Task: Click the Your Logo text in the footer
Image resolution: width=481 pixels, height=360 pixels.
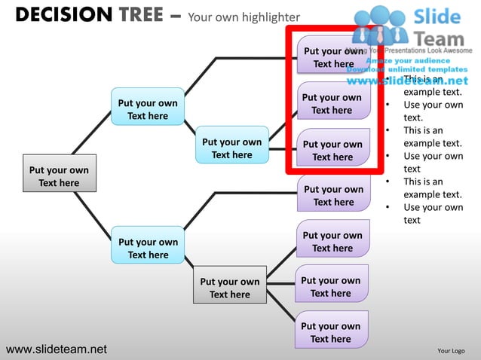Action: (x=451, y=351)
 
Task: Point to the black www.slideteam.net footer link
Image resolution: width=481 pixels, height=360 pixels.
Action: (x=56, y=349)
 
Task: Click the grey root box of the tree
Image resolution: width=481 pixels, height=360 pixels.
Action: (x=59, y=176)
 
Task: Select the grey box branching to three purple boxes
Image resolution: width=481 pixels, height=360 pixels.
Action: (x=229, y=288)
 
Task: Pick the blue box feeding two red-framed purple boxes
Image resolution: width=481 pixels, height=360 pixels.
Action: (x=231, y=148)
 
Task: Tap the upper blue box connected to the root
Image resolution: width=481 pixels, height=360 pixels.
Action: (x=148, y=109)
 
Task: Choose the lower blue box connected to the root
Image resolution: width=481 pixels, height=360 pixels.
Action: (x=148, y=248)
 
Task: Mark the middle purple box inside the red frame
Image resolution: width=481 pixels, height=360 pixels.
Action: (x=332, y=103)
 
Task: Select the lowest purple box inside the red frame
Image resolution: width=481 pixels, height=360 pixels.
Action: (x=332, y=150)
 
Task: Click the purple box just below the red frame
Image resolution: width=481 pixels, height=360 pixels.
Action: (x=333, y=195)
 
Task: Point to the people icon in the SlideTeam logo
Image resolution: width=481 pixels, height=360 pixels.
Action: (x=380, y=25)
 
